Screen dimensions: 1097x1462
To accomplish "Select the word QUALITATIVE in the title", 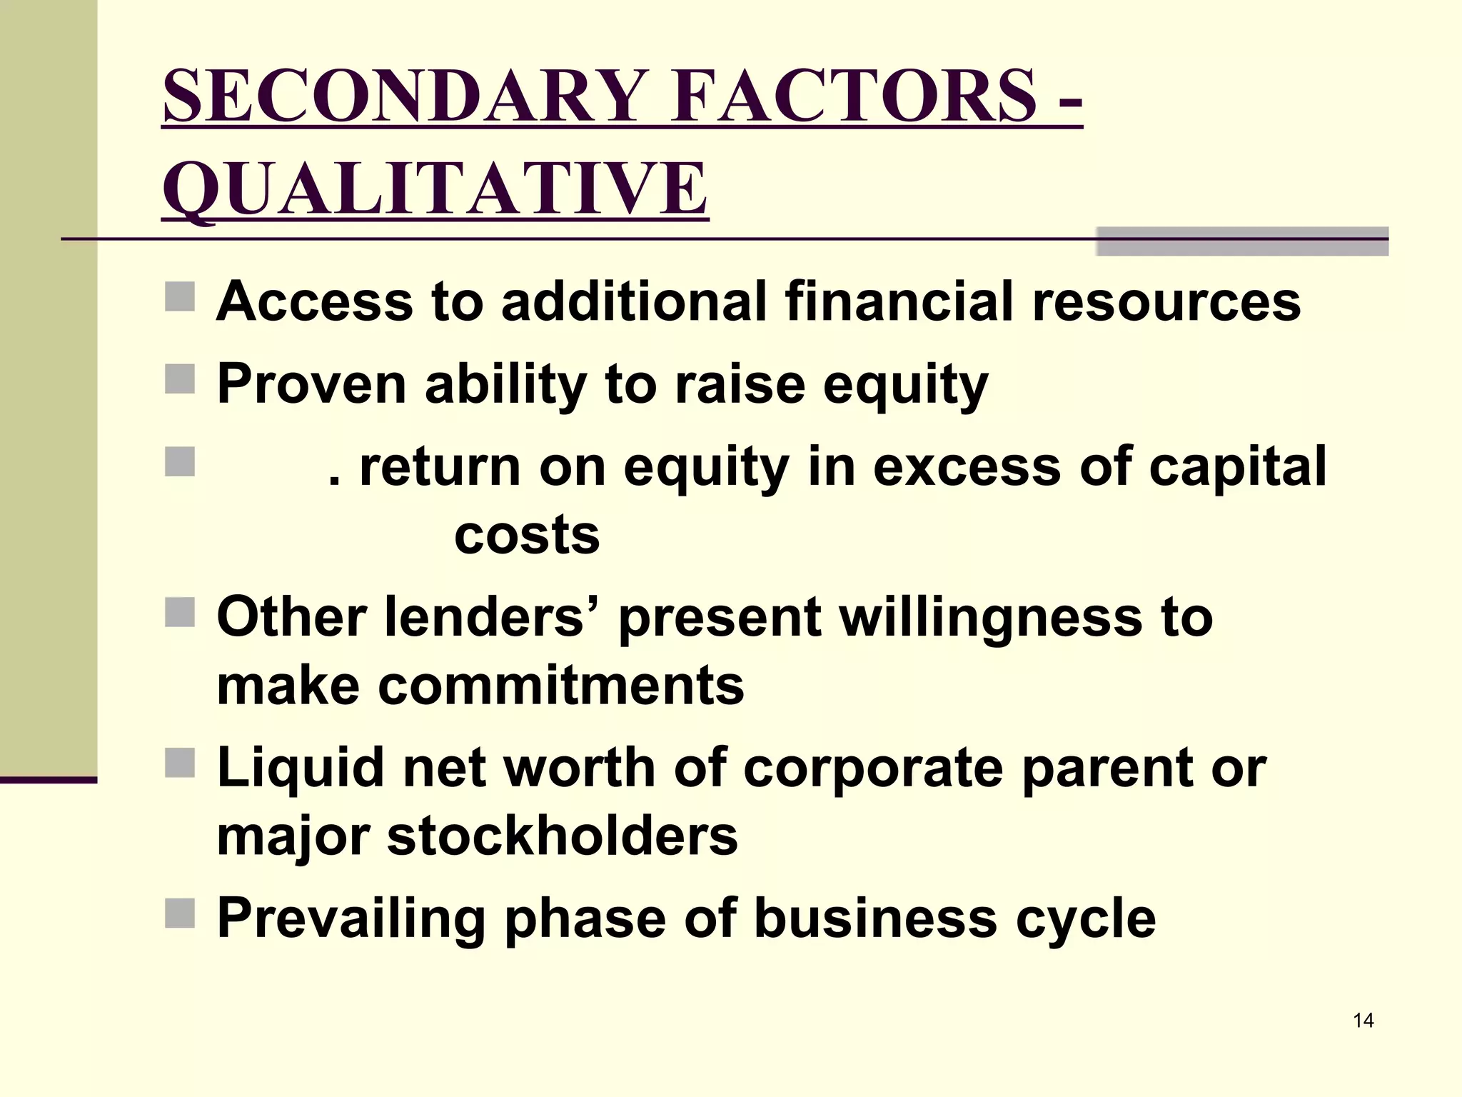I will point(435,189).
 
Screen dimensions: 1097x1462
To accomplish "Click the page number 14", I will point(1363,1021).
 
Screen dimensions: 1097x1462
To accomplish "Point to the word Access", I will point(314,301).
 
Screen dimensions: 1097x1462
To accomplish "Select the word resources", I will point(1166,301).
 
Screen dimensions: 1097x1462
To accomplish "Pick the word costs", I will point(527,535).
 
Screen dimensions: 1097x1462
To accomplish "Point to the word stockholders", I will point(563,836).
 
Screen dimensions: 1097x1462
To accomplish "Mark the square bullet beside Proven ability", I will point(180,379).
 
